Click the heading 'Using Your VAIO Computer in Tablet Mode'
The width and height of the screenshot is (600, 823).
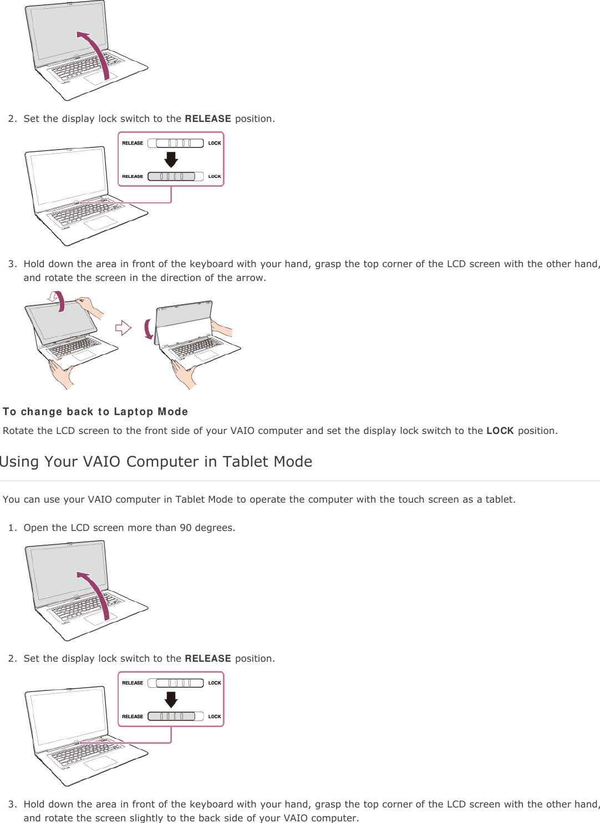tap(156, 462)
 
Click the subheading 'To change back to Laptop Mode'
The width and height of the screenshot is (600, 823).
tap(95, 412)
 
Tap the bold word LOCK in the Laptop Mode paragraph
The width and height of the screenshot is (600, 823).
tap(500, 431)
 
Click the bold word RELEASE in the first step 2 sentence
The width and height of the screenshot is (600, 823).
tap(207, 119)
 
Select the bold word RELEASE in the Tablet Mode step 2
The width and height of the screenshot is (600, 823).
tap(207, 658)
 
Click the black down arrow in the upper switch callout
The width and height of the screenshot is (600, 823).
tap(171, 160)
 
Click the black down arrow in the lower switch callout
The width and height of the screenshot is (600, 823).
tap(171, 699)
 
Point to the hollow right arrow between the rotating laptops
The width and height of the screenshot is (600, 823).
tap(123, 328)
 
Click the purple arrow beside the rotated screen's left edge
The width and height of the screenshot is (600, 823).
tap(148, 329)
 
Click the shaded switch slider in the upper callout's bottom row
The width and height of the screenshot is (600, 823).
tap(171, 176)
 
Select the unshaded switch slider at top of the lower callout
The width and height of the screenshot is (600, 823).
tap(180, 683)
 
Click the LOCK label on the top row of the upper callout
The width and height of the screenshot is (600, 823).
tap(215, 143)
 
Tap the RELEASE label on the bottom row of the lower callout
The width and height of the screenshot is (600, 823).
tap(133, 717)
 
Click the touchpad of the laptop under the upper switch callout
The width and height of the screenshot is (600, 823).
tap(100, 223)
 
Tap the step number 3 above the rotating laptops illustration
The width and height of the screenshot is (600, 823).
tap(12, 264)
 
